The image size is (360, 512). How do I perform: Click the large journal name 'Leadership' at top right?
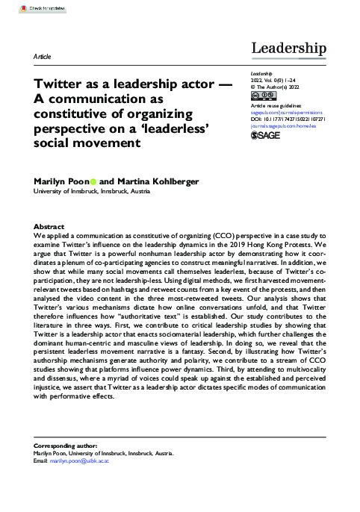click(289, 49)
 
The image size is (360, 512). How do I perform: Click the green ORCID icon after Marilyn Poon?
click(94, 181)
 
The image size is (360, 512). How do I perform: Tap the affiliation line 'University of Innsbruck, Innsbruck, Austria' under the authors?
click(93, 192)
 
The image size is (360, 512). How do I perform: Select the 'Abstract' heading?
click(49, 226)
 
